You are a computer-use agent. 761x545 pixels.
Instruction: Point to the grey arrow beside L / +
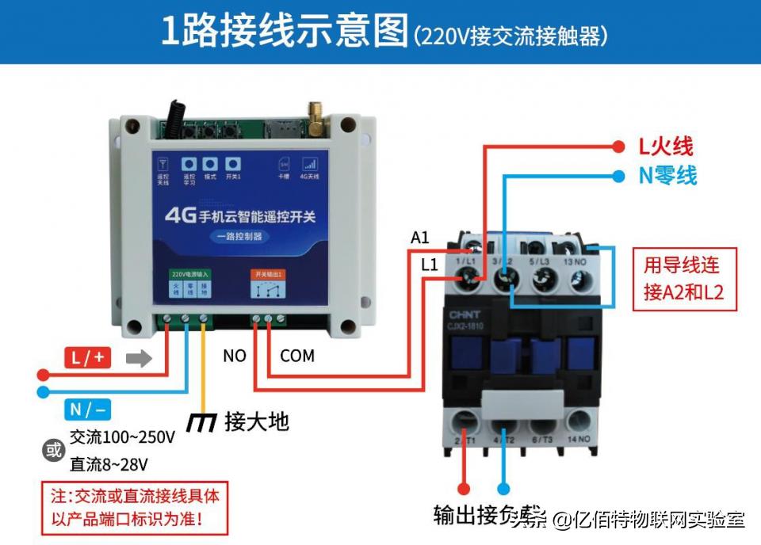click(x=139, y=358)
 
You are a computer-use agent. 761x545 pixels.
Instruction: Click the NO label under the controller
click(x=234, y=356)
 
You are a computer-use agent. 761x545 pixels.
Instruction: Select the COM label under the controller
click(x=297, y=356)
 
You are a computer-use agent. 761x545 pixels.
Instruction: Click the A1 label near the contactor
click(x=419, y=238)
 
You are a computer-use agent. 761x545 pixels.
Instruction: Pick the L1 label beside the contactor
click(x=429, y=265)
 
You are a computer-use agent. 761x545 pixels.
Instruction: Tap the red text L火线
click(x=666, y=146)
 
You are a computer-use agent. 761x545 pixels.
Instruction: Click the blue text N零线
click(x=667, y=175)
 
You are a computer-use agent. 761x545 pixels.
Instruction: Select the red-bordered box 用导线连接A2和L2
click(x=683, y=280)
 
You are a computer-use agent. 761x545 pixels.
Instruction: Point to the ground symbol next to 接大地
click(x=201, y=422)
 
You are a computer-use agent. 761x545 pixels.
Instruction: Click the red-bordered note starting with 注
click(x=134, y=508)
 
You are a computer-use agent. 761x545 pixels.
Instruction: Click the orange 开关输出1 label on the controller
click(x=268, y=274)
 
